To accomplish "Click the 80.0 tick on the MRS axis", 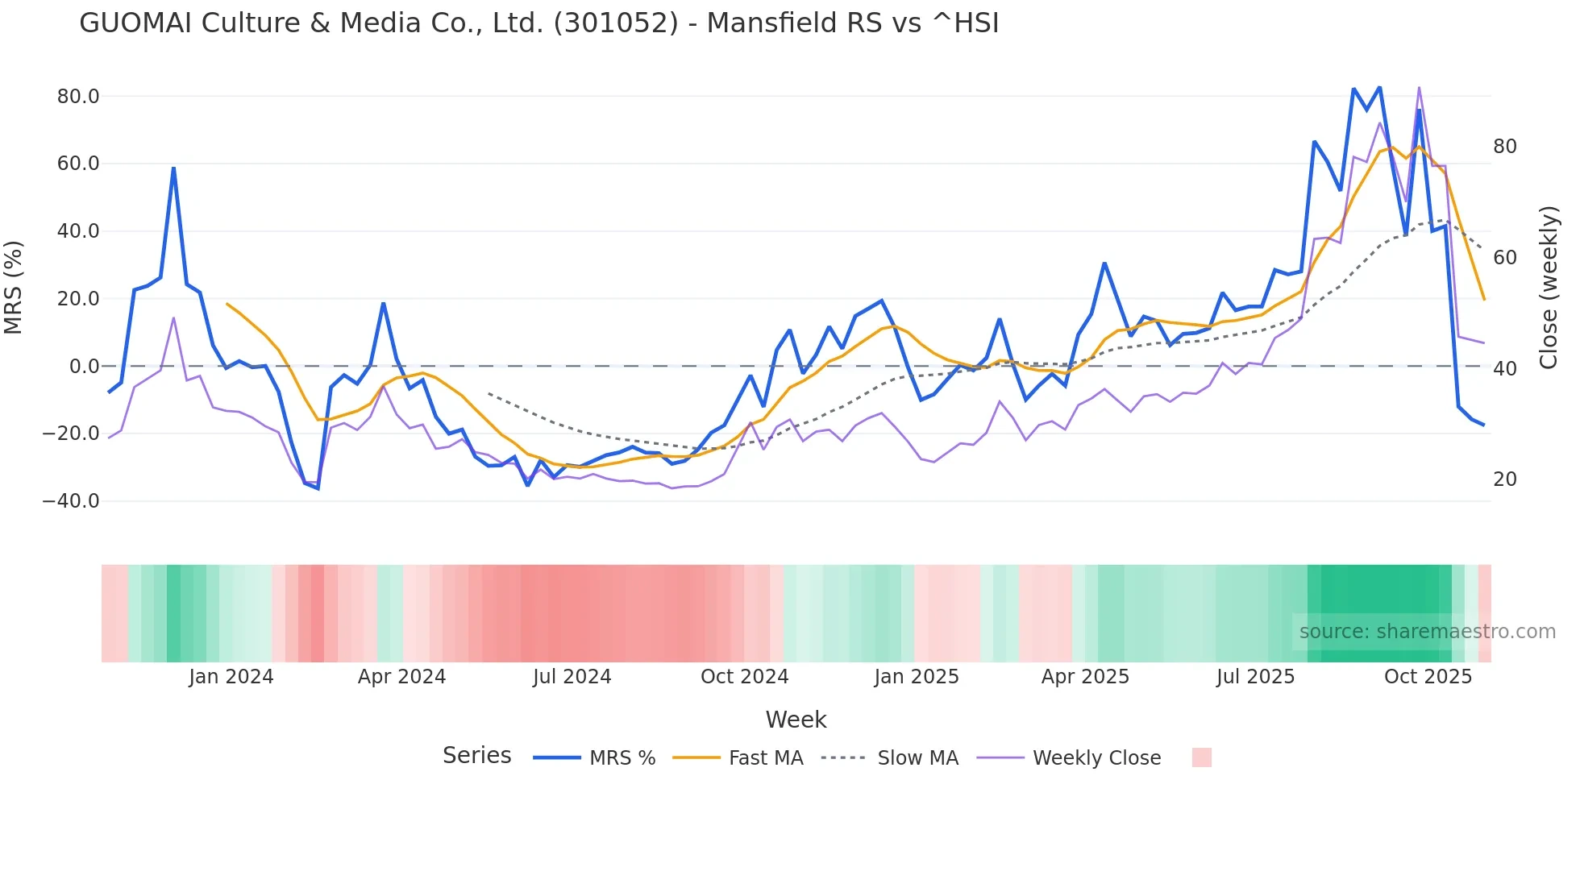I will (77, 97).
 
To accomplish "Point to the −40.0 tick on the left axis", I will (71, 501).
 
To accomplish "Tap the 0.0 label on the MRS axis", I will (84, 367).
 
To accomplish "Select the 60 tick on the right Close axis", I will (1504, 258).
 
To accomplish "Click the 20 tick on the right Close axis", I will (1504, 479).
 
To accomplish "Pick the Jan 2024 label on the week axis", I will (231, 677).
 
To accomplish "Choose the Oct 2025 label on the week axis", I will (1428, 677).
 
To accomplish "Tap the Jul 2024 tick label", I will (572, 677).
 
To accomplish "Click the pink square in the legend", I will (1201, 757).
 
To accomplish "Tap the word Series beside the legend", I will (476, 756).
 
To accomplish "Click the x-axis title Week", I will (796, 720).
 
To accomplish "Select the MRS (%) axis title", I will (14, 287).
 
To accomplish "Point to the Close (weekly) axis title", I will (1548, 287).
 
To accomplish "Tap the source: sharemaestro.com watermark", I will (1427, 632).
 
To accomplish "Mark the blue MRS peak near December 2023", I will (173, 168).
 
